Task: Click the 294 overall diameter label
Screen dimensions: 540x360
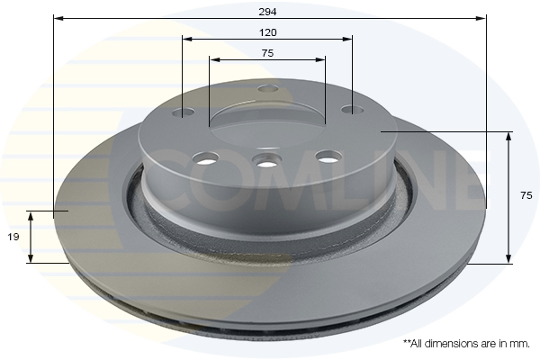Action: (x=267, y=12)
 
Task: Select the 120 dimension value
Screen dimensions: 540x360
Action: (x=267, y=32)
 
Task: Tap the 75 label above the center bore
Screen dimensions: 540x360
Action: (x=267, y=53)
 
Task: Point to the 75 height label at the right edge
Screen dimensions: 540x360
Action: (x=526, y=195)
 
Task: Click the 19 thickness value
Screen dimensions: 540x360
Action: (x=13, y=237)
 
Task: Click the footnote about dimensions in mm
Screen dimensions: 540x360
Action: (x=466, y=344)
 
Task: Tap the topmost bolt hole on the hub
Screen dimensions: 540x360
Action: (x=268, y=89)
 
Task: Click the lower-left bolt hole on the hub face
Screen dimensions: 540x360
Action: (x=205, y=158)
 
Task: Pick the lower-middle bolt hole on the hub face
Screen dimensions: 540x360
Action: (x=266, y=160)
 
